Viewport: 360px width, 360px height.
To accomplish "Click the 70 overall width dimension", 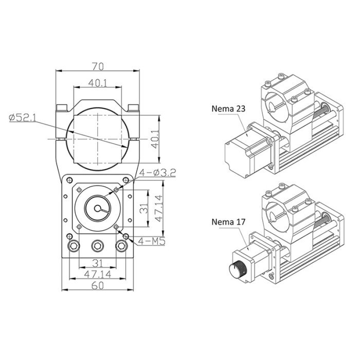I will tap(98, 66).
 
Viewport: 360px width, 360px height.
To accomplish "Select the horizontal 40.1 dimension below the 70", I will tap(98, 83).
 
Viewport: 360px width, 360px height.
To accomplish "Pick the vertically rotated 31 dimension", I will tap(145, 208).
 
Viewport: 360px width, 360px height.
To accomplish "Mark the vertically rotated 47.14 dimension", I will tap(160, 208).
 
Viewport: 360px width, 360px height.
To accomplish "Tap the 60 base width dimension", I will tap(97, 286).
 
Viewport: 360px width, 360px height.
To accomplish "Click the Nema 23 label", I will tap(229, 109).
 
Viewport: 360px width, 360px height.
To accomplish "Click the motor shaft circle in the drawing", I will tap(97, 208).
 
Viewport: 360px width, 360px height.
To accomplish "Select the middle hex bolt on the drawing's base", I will tap(97, 246).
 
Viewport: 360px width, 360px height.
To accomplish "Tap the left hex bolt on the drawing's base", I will tap(74, 246).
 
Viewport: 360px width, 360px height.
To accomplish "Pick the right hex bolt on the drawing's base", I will tap(121, 246).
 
